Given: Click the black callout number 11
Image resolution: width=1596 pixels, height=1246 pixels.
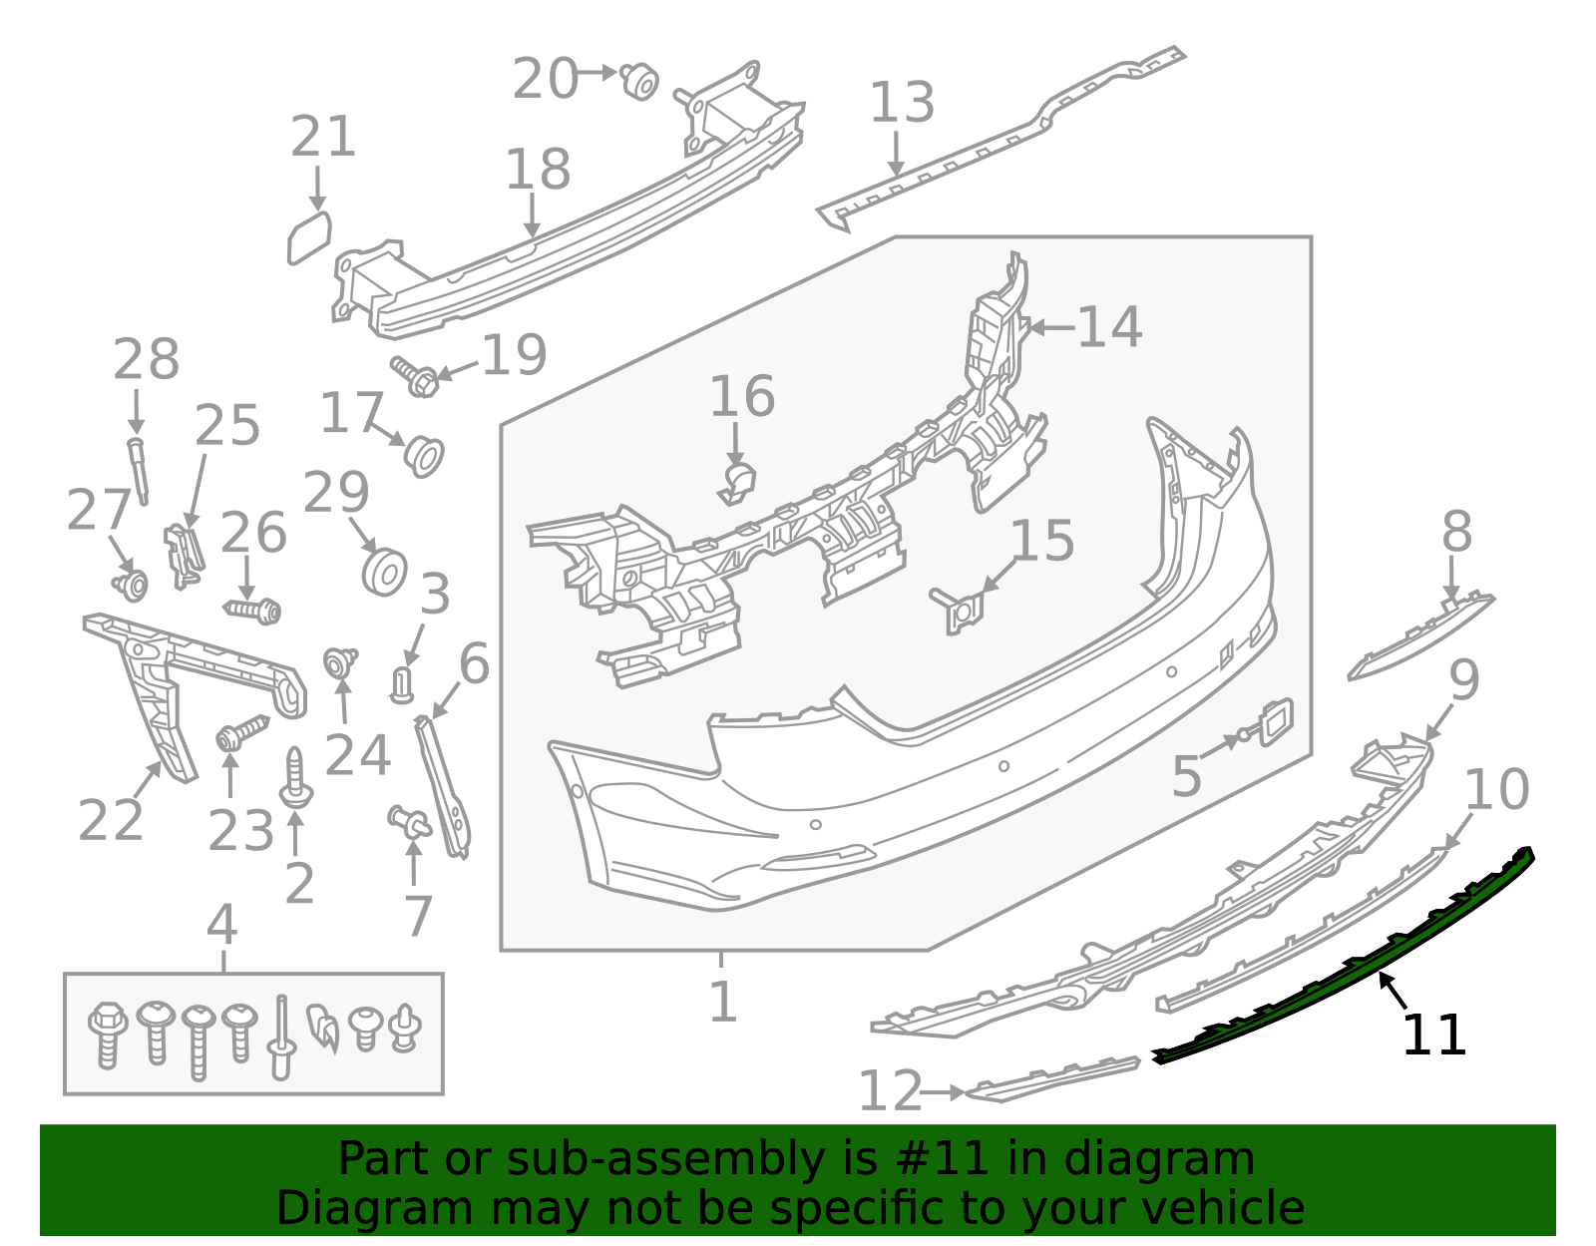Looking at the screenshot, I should [1433, 1036].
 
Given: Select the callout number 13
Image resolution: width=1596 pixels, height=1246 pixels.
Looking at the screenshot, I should [902, 103].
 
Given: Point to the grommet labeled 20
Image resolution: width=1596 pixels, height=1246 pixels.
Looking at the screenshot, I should [639, 81].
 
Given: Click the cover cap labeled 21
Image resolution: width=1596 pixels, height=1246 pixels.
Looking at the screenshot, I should [308, 238].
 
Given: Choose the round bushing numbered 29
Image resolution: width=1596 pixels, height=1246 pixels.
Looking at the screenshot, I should [383, 571].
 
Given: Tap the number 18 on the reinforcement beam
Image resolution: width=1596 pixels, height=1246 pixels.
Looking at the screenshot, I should [538, 170].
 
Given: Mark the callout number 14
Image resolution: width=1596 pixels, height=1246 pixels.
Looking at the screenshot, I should [1109, 327].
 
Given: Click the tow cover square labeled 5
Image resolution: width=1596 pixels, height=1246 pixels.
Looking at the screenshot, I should [1276, 721].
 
